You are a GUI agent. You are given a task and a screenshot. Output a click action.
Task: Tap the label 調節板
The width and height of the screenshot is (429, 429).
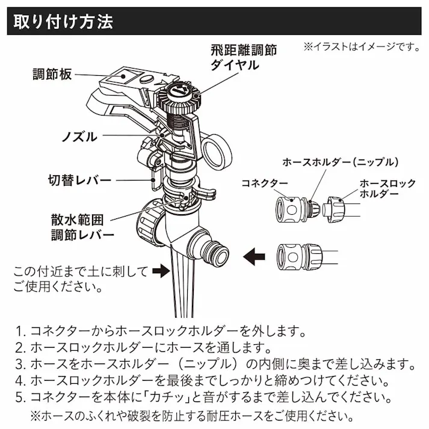(x=52, y=75)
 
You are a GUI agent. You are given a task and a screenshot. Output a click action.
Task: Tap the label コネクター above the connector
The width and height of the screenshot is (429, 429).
(x=265, y=182)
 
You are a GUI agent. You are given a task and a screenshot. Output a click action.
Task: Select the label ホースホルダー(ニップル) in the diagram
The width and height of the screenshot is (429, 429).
(x=341, y=162)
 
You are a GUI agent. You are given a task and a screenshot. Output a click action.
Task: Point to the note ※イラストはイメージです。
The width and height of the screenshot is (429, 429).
(x=361, y=46)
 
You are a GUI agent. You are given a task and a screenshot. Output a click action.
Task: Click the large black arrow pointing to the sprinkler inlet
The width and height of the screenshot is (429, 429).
(x=254, y=255)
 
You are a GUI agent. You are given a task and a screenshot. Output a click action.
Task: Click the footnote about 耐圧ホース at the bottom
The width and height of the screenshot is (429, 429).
(x=191, y=416)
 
